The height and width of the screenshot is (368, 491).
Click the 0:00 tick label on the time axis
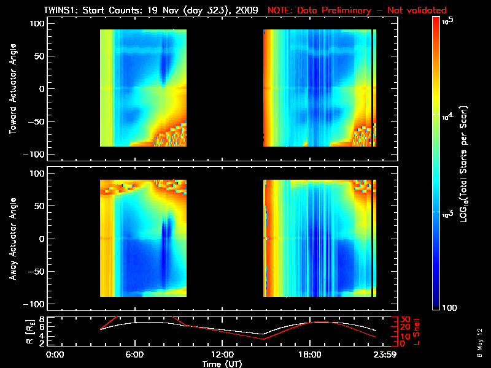(56, 355)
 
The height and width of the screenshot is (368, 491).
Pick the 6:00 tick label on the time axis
(134, 355)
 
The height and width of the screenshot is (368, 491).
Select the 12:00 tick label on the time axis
(222, 355)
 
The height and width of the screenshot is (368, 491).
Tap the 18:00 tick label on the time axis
(310, 355)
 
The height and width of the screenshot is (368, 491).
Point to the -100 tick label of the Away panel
(34, 304)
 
